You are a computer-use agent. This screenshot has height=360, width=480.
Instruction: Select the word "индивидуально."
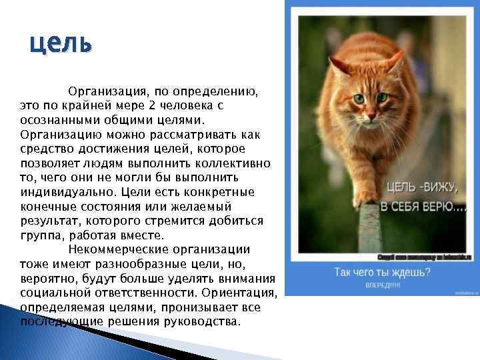pos(63,193)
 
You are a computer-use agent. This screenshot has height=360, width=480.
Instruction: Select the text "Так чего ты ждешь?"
pos(382,272)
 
